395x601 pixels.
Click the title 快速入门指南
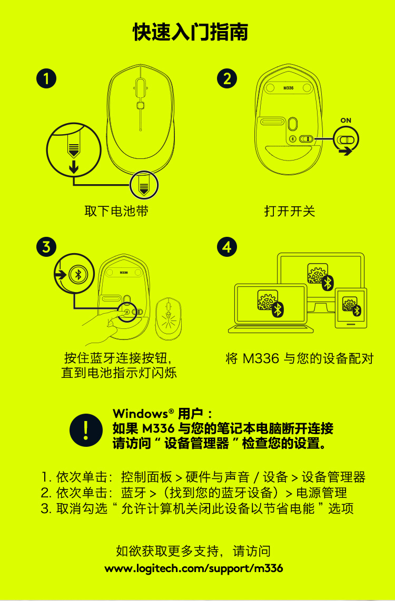[190, 32]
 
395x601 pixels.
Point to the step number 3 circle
[46, 247]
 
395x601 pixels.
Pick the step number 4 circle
[227, 247]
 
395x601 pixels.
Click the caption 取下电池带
[116, 211]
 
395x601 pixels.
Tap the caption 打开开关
[290, 211]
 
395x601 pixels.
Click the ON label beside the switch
[345, 121]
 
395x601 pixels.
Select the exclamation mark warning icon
[86, 430]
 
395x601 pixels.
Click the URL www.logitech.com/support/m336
[194, 568]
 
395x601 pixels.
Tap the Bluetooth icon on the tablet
[357, 310]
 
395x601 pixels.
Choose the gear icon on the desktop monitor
[318, 273]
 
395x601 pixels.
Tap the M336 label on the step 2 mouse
[289, 88]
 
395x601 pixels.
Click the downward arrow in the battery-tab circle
[74, 166]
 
